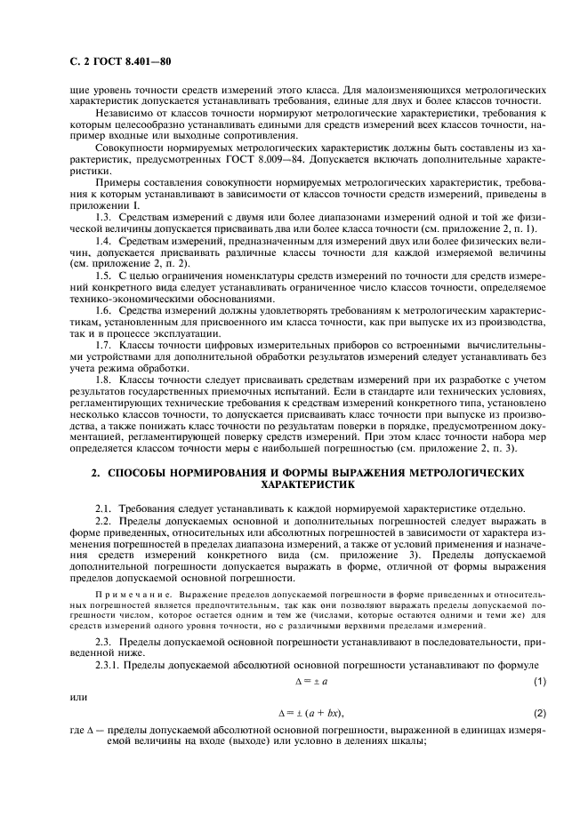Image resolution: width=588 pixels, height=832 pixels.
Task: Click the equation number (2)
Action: click(x=539, y=714)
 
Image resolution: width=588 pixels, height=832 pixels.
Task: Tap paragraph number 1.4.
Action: click(x=103, y=241)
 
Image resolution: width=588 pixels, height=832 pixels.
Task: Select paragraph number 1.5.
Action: click(x=103, y=276)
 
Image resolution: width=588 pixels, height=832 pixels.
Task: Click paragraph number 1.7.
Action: click(x=103, y=343)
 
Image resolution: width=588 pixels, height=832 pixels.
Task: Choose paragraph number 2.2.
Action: click(x=103, y=519)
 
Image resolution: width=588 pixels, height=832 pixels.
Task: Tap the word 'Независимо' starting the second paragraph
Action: click(x=122, y=115)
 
